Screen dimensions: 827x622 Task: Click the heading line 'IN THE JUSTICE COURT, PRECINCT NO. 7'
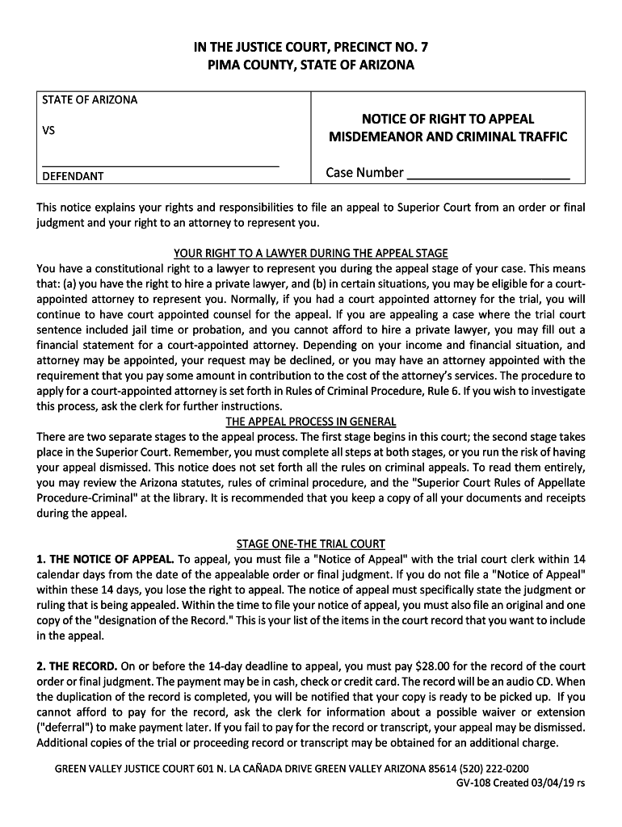[311, 48]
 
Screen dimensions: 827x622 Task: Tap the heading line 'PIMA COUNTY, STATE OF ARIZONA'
[311, 65]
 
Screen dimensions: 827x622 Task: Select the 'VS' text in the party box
[48, 129]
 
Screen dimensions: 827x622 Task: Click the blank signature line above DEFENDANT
[160, 164]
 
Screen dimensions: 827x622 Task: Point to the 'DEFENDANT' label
[73, 176]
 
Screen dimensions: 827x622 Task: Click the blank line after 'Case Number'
[488, 174]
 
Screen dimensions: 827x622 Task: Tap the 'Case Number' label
[364, 173]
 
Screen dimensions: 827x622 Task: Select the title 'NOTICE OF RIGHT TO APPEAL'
[448, 118]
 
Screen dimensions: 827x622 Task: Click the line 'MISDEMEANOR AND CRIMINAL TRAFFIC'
[448, 136]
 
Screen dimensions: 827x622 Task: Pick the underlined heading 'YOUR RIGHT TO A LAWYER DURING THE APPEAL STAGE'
[311, 254]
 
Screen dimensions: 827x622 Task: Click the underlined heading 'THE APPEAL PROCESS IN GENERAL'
[311, 422]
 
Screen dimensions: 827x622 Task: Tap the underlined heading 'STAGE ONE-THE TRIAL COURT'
[311, 544]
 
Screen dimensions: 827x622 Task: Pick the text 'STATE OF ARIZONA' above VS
[90, 100]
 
